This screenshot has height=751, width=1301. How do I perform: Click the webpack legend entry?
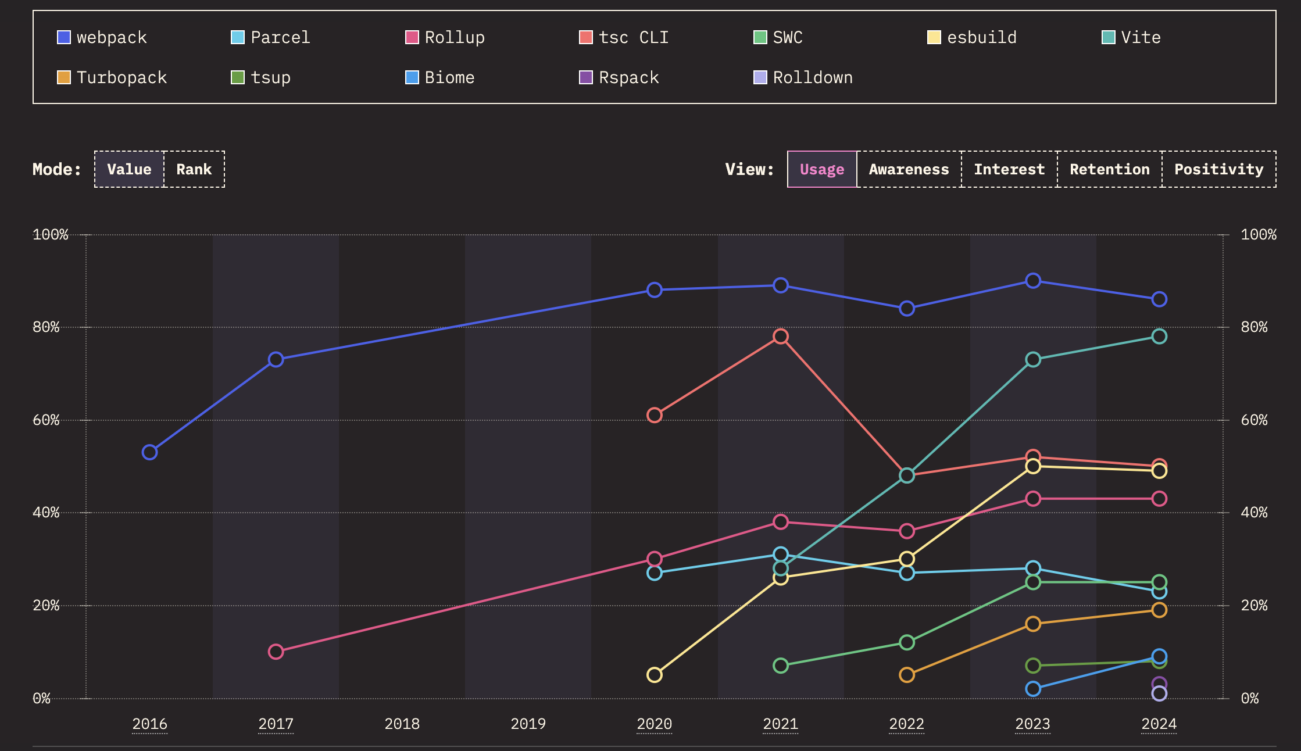[102, 38]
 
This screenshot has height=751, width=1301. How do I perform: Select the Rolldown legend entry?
[803, 78]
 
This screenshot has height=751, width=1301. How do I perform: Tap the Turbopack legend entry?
[112, 78]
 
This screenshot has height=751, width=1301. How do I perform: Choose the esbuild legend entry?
[972, 38]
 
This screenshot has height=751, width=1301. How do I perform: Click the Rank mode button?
[194, 169]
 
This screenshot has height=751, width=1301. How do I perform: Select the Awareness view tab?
[909, 169]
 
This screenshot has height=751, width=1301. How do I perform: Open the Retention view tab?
[1109, 169]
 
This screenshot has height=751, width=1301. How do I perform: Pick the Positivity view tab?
[1218, 169]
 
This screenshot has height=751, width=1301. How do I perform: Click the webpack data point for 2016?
[149, 452]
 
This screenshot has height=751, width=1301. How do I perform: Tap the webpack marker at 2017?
[276, 360]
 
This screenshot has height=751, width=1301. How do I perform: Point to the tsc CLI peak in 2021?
[781, 337]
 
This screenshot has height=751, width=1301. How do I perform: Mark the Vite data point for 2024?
[1159, 337]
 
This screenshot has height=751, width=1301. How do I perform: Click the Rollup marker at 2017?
[276, 652]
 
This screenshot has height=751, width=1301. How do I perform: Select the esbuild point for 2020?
[655, 675]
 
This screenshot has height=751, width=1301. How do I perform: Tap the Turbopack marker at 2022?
[907, 675]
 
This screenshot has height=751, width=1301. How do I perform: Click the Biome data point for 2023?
[1033, 689]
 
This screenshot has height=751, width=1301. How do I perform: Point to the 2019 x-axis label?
[528, 724]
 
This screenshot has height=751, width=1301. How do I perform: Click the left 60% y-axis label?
[46, 420]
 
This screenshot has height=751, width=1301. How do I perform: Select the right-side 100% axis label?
[1258, 235]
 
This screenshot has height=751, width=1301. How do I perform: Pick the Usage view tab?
[822, 169]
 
